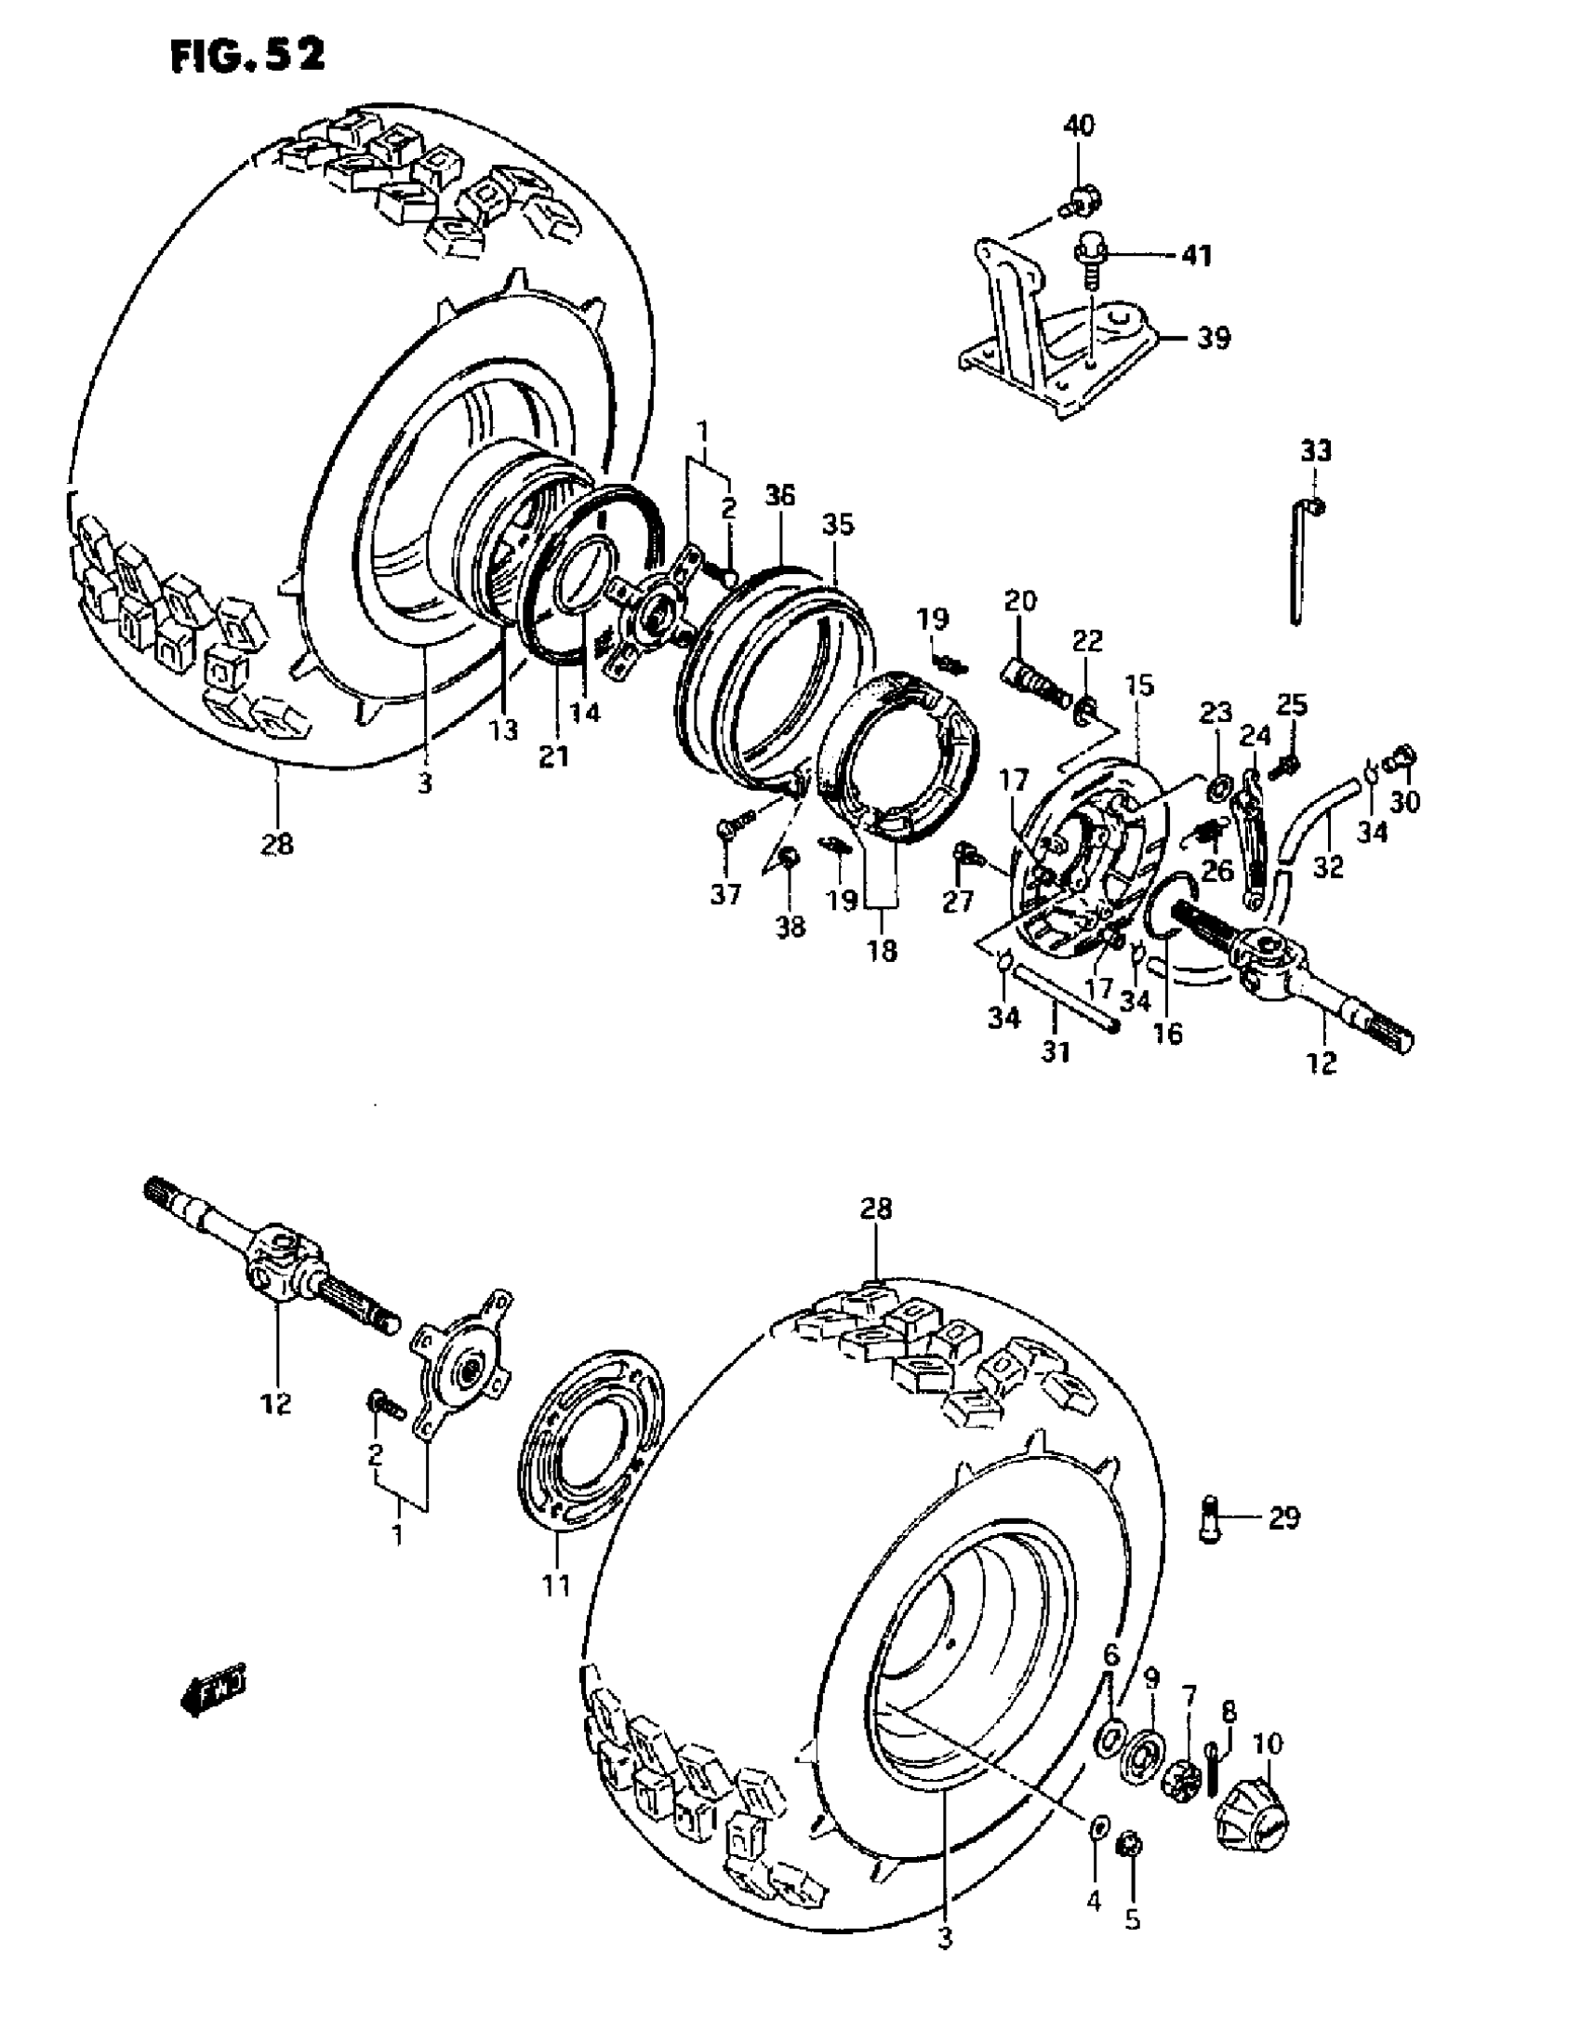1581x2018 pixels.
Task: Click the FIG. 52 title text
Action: coord(247,55)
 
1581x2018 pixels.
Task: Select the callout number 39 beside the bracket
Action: coord(1212,338)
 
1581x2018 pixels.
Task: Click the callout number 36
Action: coord(780,496)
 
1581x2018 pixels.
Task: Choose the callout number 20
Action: coord(1019,601)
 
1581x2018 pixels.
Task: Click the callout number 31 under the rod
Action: coord(1055,1052)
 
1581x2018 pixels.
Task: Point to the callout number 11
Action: coord(555,1584)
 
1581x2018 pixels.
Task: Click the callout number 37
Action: coord(725,894)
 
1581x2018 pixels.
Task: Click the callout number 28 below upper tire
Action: coord(277,843)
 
